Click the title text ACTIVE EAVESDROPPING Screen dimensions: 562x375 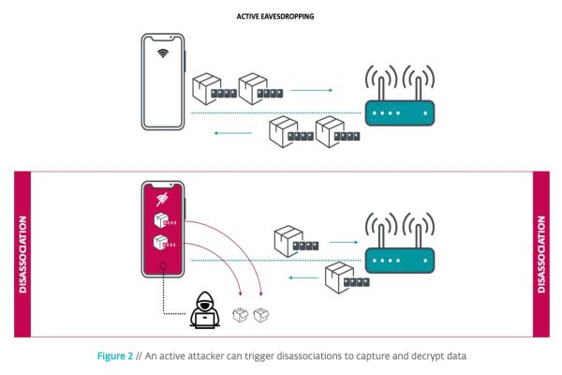(275, 16)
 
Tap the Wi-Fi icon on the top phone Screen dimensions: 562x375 (163, 53)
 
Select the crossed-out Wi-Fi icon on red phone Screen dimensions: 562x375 (162, 200)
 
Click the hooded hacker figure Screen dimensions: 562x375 (204, 310)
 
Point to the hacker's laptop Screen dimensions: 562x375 (204, 321)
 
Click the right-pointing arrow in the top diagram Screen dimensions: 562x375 (312, 90)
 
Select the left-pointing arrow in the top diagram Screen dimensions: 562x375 (233, 133)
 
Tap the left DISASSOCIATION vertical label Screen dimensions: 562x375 (22, 254)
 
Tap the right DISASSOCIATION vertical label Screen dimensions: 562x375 (540, 254)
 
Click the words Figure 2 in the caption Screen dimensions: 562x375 (114, 356)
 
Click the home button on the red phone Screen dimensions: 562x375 (163, 265)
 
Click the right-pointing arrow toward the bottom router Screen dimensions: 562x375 (344, 242)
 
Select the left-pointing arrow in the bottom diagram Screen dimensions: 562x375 (303, 277)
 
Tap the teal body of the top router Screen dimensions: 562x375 (400, 113)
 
